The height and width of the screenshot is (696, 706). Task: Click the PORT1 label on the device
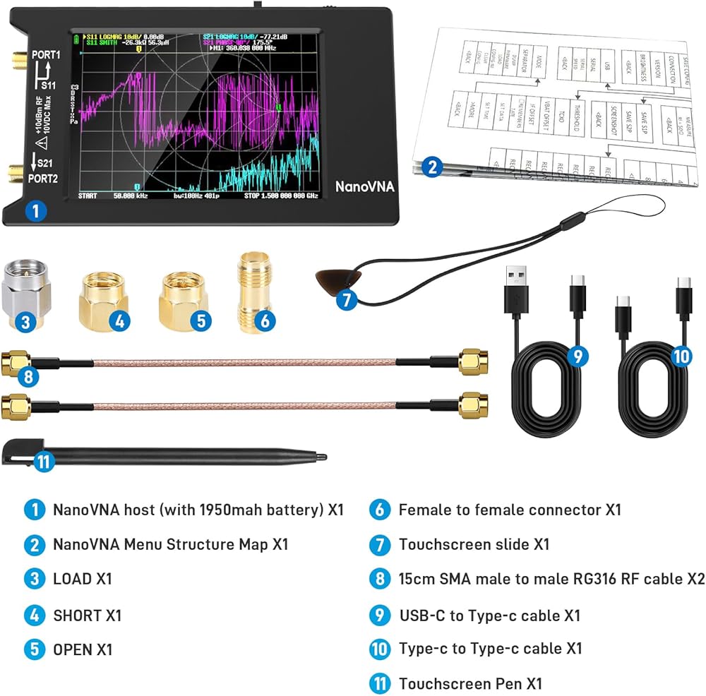pyautogui.click(x=46, y=54)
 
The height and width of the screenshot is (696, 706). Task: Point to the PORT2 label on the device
pyautogui.click(x=44, y=179)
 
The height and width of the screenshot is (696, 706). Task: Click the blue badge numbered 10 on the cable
pyautogui.click(x=681, y=356)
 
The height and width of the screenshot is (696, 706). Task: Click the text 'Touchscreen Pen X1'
pyautogui.click(x=470, y=683)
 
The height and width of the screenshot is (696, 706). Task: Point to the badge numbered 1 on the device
pyautogui.click(x=36, y=210)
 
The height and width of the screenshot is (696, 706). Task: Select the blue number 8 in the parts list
pyautogui.click(x=379, y=579)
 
